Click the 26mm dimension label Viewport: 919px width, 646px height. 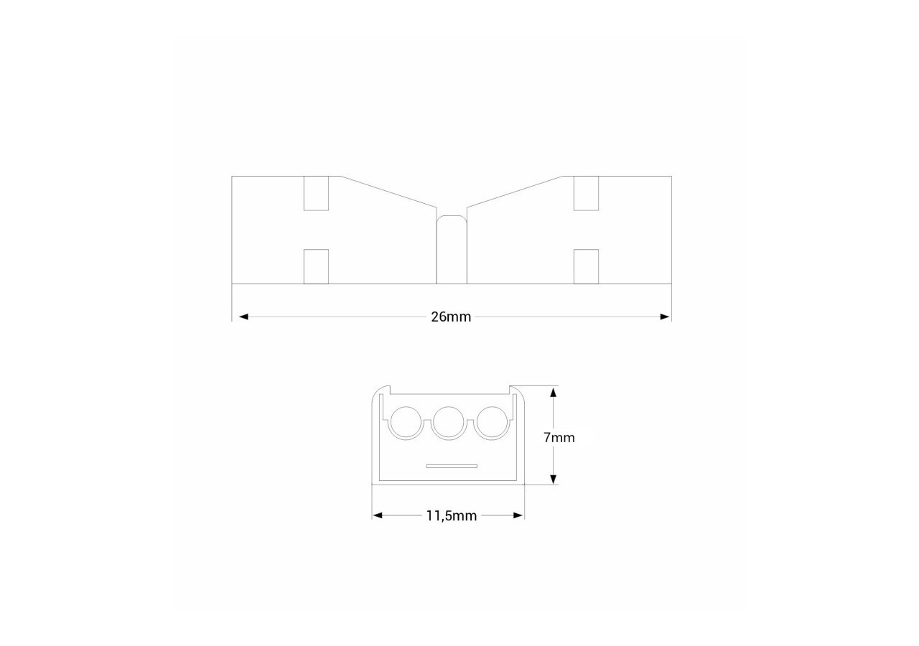pyautogui.click(x=451, y=317)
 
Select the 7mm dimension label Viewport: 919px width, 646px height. pyautogui.click(x=559, y=437)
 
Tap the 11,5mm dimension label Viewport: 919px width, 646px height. pyautogui.click(x=451, y=516)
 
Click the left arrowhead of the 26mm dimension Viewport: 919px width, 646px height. pyautogui.click(x=243, y=317)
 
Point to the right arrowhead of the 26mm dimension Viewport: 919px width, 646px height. pyautogui.click(x=665, y=317)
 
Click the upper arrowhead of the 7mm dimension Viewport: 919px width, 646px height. pyautogui.click(x=553, y=392)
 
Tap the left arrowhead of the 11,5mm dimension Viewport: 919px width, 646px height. pyautogui.click(x=377, y=515)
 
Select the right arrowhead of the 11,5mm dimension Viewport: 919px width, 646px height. pyautogui.click(x=518, y=515)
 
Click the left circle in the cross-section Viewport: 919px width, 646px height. pyautogui.click(x=405, y=422)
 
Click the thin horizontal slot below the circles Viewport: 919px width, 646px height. pyautogui.click(x=452, y=466)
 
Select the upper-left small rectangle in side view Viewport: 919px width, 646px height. pyautogui.click(x=316, y=193)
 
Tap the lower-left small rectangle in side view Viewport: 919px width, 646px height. pyautogui.click(x=316, y=266)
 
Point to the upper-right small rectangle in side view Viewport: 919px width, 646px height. pyautogui.click(x=587, y=193)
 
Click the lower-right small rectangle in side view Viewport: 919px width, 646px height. pyautogui.click(x=587, y=266)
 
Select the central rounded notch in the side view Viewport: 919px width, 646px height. pyautogui.click(x=452, y=248)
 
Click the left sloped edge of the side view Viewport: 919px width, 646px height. pyautogui.click(x=388, y=191)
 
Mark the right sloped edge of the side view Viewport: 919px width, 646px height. pyautogui.click(x=514, y=191)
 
